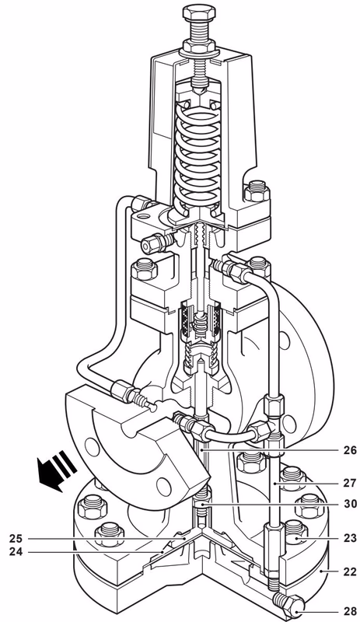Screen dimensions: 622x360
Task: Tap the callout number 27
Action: pyautogui.click(x=342, y=482)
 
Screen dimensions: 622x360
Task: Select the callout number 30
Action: pyautogui.click(x=342, y=504)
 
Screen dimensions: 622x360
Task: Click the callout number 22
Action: pyautogui.click(x=342, y=571)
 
